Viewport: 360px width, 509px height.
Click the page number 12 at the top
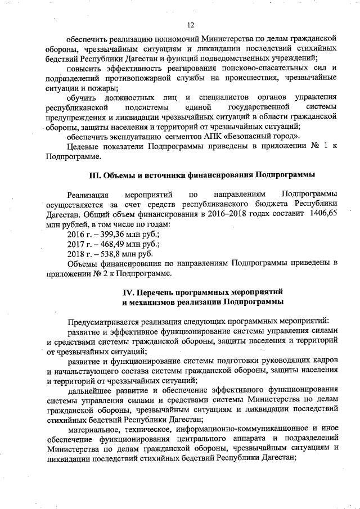point(191,24)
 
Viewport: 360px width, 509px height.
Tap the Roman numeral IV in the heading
point(129,293)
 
